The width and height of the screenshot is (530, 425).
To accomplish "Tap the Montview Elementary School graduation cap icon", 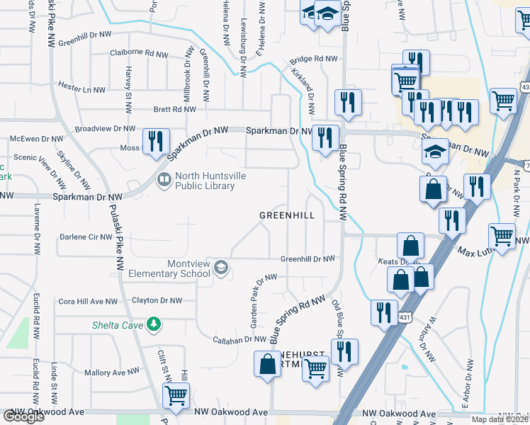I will [x=221, y=267].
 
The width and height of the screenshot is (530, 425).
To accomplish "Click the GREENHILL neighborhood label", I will [x=286, y=215].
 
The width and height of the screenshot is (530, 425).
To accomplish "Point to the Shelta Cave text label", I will [x=117, y=326].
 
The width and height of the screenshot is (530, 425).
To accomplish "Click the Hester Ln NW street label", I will [x=81, y=90].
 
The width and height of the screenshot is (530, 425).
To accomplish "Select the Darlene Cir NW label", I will [x=86, y=237].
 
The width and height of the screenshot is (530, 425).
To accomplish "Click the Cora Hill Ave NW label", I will [x=88, y=301].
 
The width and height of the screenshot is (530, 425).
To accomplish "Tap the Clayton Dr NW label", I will [x=157, y=300].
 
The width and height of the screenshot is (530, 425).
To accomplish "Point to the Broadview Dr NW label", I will [x=105, y=129].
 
